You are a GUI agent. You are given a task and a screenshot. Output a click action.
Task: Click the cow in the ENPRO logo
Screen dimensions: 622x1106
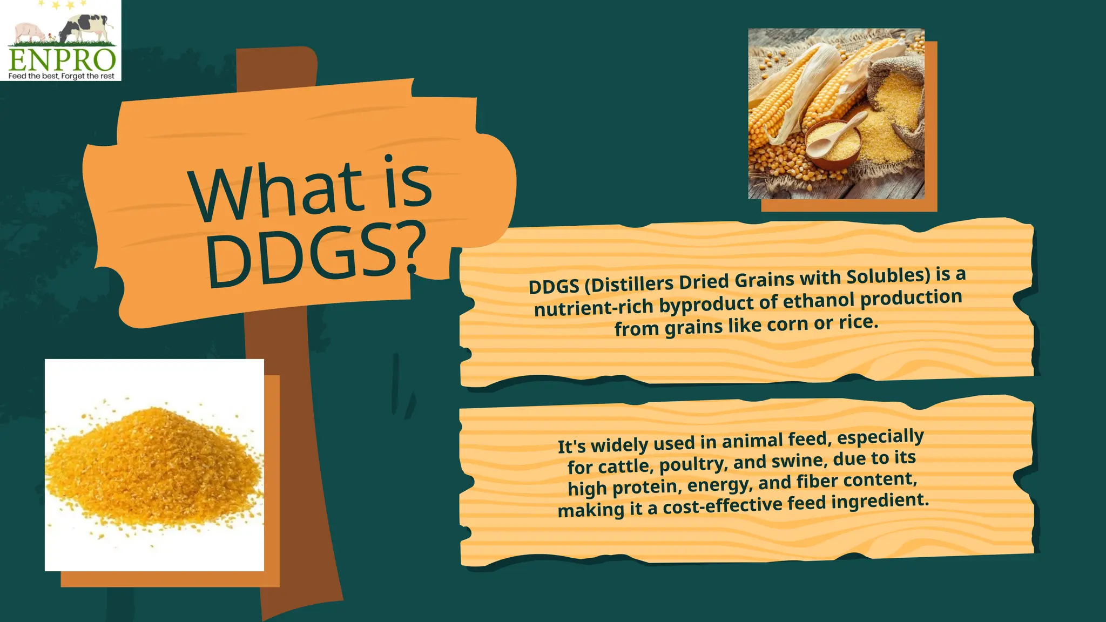click(86, 27)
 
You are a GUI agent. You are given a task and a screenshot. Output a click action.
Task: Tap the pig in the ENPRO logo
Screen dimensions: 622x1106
click(28, 31)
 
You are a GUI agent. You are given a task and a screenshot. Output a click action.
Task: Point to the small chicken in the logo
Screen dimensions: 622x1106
click(51, 37)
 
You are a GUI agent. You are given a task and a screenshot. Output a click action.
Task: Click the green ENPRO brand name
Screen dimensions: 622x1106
click(62, 59)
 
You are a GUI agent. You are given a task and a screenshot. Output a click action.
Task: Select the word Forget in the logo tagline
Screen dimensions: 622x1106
click(73, 76)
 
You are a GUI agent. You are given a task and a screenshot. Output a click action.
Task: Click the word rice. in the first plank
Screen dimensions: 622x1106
click(859, 322)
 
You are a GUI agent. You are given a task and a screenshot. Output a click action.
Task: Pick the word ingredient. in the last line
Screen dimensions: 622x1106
click(880, 501)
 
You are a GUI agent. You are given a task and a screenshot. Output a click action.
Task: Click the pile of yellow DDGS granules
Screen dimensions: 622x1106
click(151, 464)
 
